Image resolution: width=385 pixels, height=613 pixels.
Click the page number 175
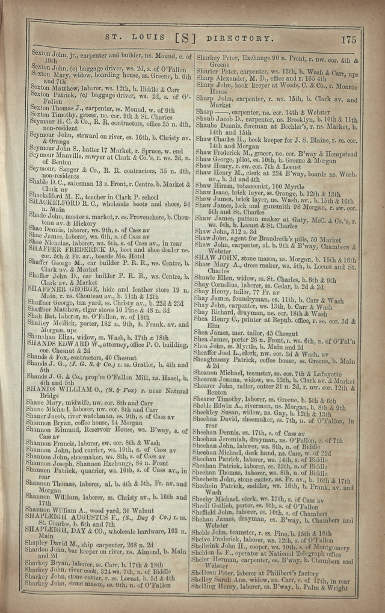click(x=348, y=40)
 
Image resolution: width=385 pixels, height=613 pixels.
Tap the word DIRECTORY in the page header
click(x=239, y=39)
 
